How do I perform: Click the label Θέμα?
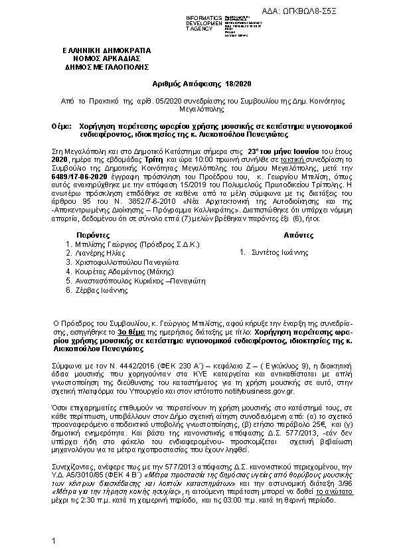coord(61,125)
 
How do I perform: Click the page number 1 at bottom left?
coord(52,542)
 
